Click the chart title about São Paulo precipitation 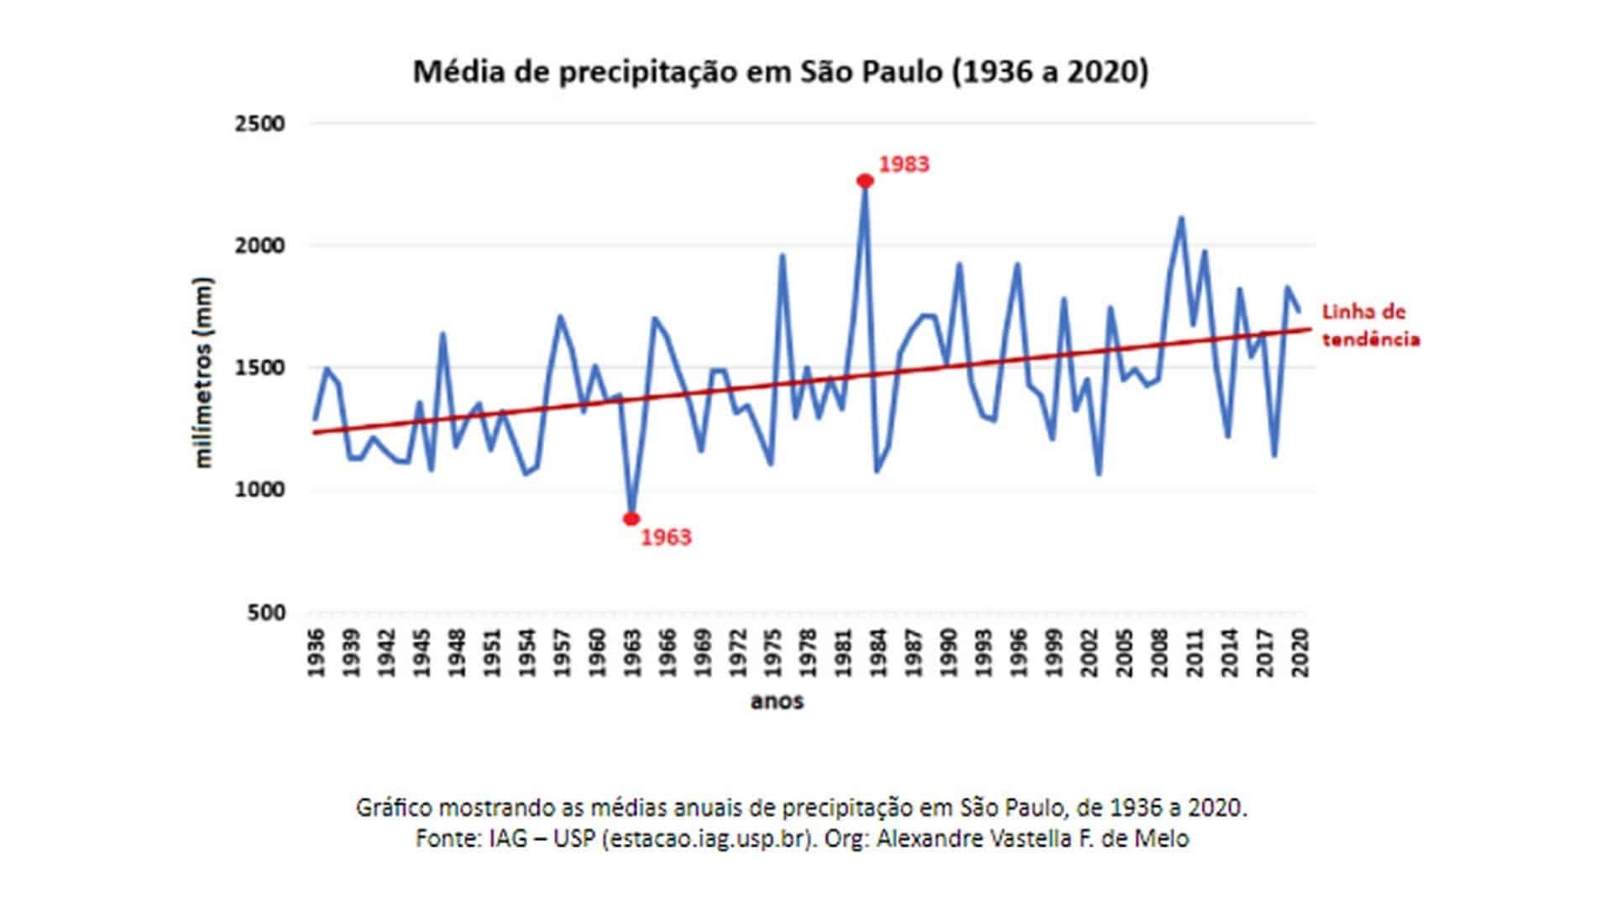[780, 72]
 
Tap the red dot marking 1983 [865, 181]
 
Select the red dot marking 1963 [631, 519]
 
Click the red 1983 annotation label [904, 164]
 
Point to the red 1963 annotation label [666, 537]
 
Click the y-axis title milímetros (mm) [204, 372]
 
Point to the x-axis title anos [777, 700]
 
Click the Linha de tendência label [1370, 325]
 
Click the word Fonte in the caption [444, 838]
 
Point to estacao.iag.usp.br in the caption [709, 838]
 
